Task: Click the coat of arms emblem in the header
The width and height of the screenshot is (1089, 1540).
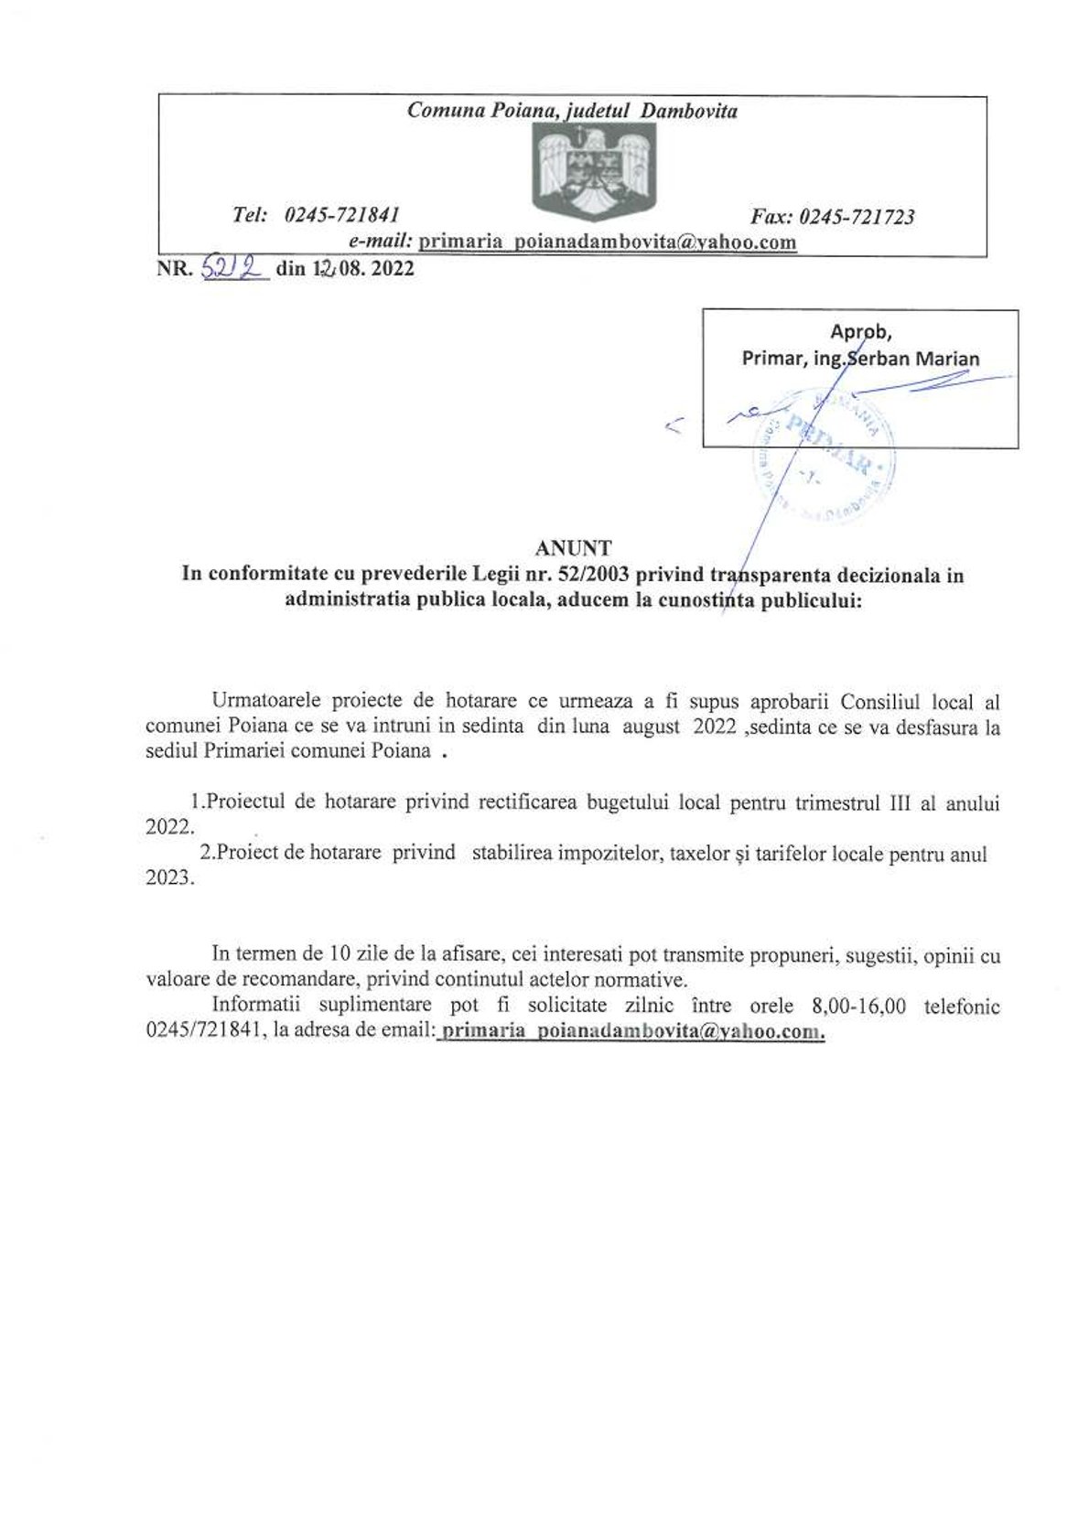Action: tap(594, 171)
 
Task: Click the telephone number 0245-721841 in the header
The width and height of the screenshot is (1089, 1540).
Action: tap(342, 215)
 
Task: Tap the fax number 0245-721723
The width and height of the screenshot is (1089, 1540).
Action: tap(857, 217)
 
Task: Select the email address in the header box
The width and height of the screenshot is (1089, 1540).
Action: tap(607, 242)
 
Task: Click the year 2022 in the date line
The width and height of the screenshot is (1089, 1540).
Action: tap(393, 268)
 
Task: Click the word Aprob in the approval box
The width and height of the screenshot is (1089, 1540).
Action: tap(860, 331)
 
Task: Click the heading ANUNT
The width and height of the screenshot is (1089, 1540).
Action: tap(573, 549)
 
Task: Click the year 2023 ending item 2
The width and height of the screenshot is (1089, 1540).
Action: tap(169, 878)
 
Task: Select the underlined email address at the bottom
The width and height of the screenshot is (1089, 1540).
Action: tap(632, 1031)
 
